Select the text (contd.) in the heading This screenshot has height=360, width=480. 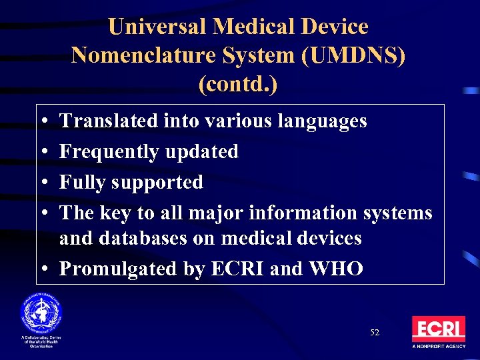pos(238,85)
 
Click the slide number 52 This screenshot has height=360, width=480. pos(375,332)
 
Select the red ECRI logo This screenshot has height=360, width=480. pos(438,329)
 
